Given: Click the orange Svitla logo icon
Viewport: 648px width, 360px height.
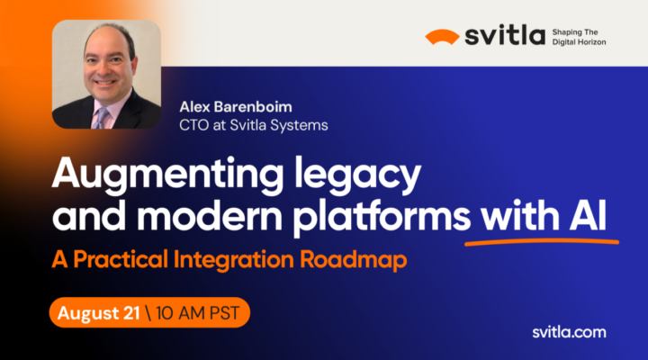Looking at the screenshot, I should [443, 37].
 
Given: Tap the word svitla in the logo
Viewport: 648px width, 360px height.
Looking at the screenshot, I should [505, 36].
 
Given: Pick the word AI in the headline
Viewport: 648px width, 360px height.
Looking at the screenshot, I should [589, 215].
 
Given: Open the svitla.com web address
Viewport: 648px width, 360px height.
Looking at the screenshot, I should [566, 333].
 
